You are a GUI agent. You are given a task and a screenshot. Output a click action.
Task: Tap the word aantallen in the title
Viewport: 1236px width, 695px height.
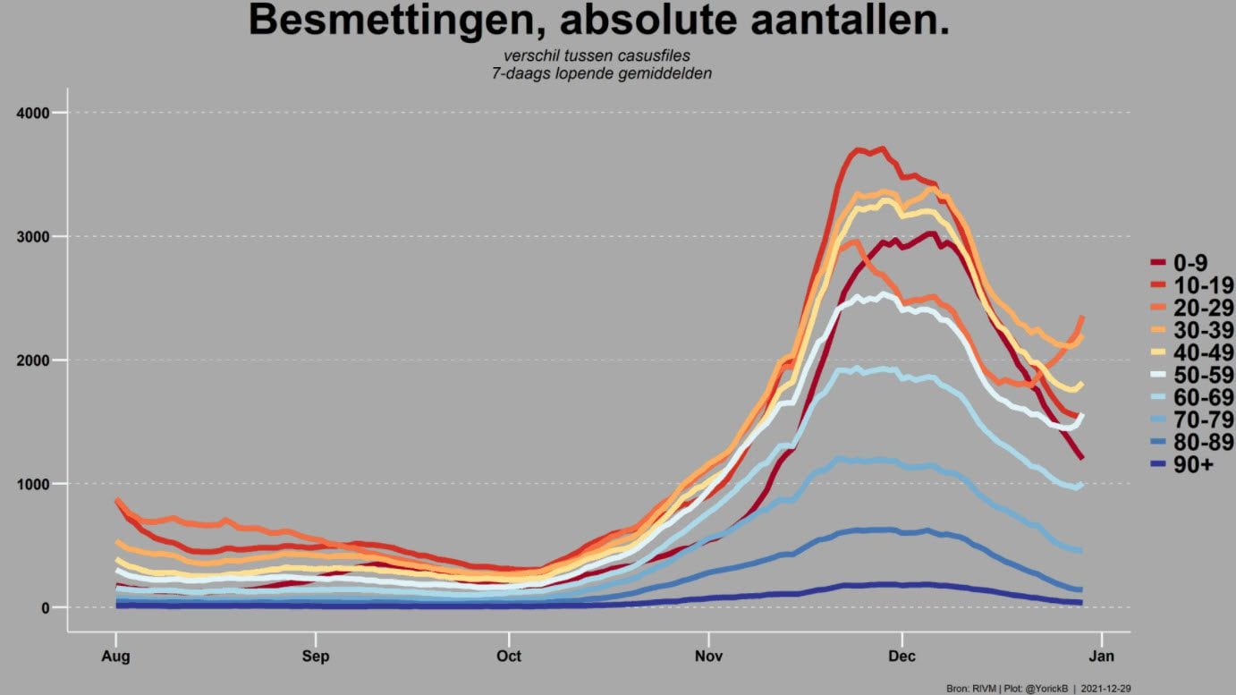pyautogui.click(x=851, y=20)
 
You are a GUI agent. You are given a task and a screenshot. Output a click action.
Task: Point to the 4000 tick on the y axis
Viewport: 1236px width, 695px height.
pyautogui.click(x=33, y=114)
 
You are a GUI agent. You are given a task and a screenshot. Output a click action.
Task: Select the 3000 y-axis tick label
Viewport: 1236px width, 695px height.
pyautogui.click(x=33, y=237)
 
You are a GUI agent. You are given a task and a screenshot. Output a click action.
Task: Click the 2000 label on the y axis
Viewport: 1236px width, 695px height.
pyautogui.click(x=33, y=360)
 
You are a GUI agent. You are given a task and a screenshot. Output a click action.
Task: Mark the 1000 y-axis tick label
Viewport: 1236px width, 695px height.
pyautogui.click(x=33, y=484)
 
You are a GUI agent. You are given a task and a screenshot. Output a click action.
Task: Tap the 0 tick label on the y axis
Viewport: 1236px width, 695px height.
pyautogui.click(x=46, y=607)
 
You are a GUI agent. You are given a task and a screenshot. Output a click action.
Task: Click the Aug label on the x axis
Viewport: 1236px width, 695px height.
pyautogui.click(x=116, y=657)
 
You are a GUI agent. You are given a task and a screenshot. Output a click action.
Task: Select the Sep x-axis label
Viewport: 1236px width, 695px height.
pyautogui.click(x=316, y=657)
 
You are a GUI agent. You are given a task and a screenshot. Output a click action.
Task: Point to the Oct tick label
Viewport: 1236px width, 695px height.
pyautogui.click(x=509, y=656)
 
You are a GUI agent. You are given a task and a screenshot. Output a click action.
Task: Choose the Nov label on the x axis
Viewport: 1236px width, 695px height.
pyautogui.click(x=708, y=656)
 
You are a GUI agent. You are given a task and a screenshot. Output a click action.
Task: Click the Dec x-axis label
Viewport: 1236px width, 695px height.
pyautogui.click(x=902, y=656)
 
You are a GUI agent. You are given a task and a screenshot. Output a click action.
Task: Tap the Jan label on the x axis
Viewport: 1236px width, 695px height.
pyautogui.click(x=1102, y=656)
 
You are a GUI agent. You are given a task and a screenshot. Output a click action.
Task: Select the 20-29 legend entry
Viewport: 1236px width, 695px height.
pyautogui.click(x=1192, y=308)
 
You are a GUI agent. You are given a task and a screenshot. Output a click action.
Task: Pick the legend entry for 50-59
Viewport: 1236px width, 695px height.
pyautogui.click(x=1192, y=376)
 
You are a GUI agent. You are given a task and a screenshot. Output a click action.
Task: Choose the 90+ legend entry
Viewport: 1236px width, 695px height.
pyautogui.click(x=1182, y=465)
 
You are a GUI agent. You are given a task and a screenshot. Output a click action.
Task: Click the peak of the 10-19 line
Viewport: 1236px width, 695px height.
pyautogui.click(x=883, y=148)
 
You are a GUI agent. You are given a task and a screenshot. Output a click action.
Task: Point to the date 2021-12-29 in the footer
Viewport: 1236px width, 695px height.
pyautogui.click(x=1105, y=689)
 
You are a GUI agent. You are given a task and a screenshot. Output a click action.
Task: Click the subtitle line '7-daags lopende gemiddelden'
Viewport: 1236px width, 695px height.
pyautogui.click(x=601, y=73)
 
